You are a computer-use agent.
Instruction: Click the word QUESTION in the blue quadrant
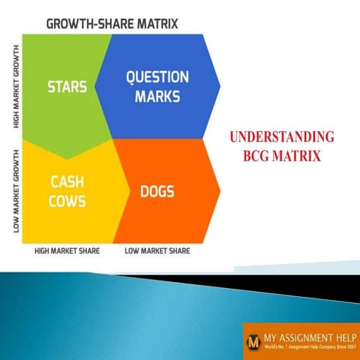point(157,77)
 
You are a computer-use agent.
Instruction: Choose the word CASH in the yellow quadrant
point(67,182)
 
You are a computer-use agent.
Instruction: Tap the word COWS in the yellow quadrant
point(67,201)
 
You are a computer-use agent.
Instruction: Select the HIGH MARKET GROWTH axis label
point(16,86)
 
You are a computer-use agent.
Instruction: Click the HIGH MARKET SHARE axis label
point(67,251)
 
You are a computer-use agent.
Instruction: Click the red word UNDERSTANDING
point(281,138)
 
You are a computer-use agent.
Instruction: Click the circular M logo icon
point(253,340)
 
